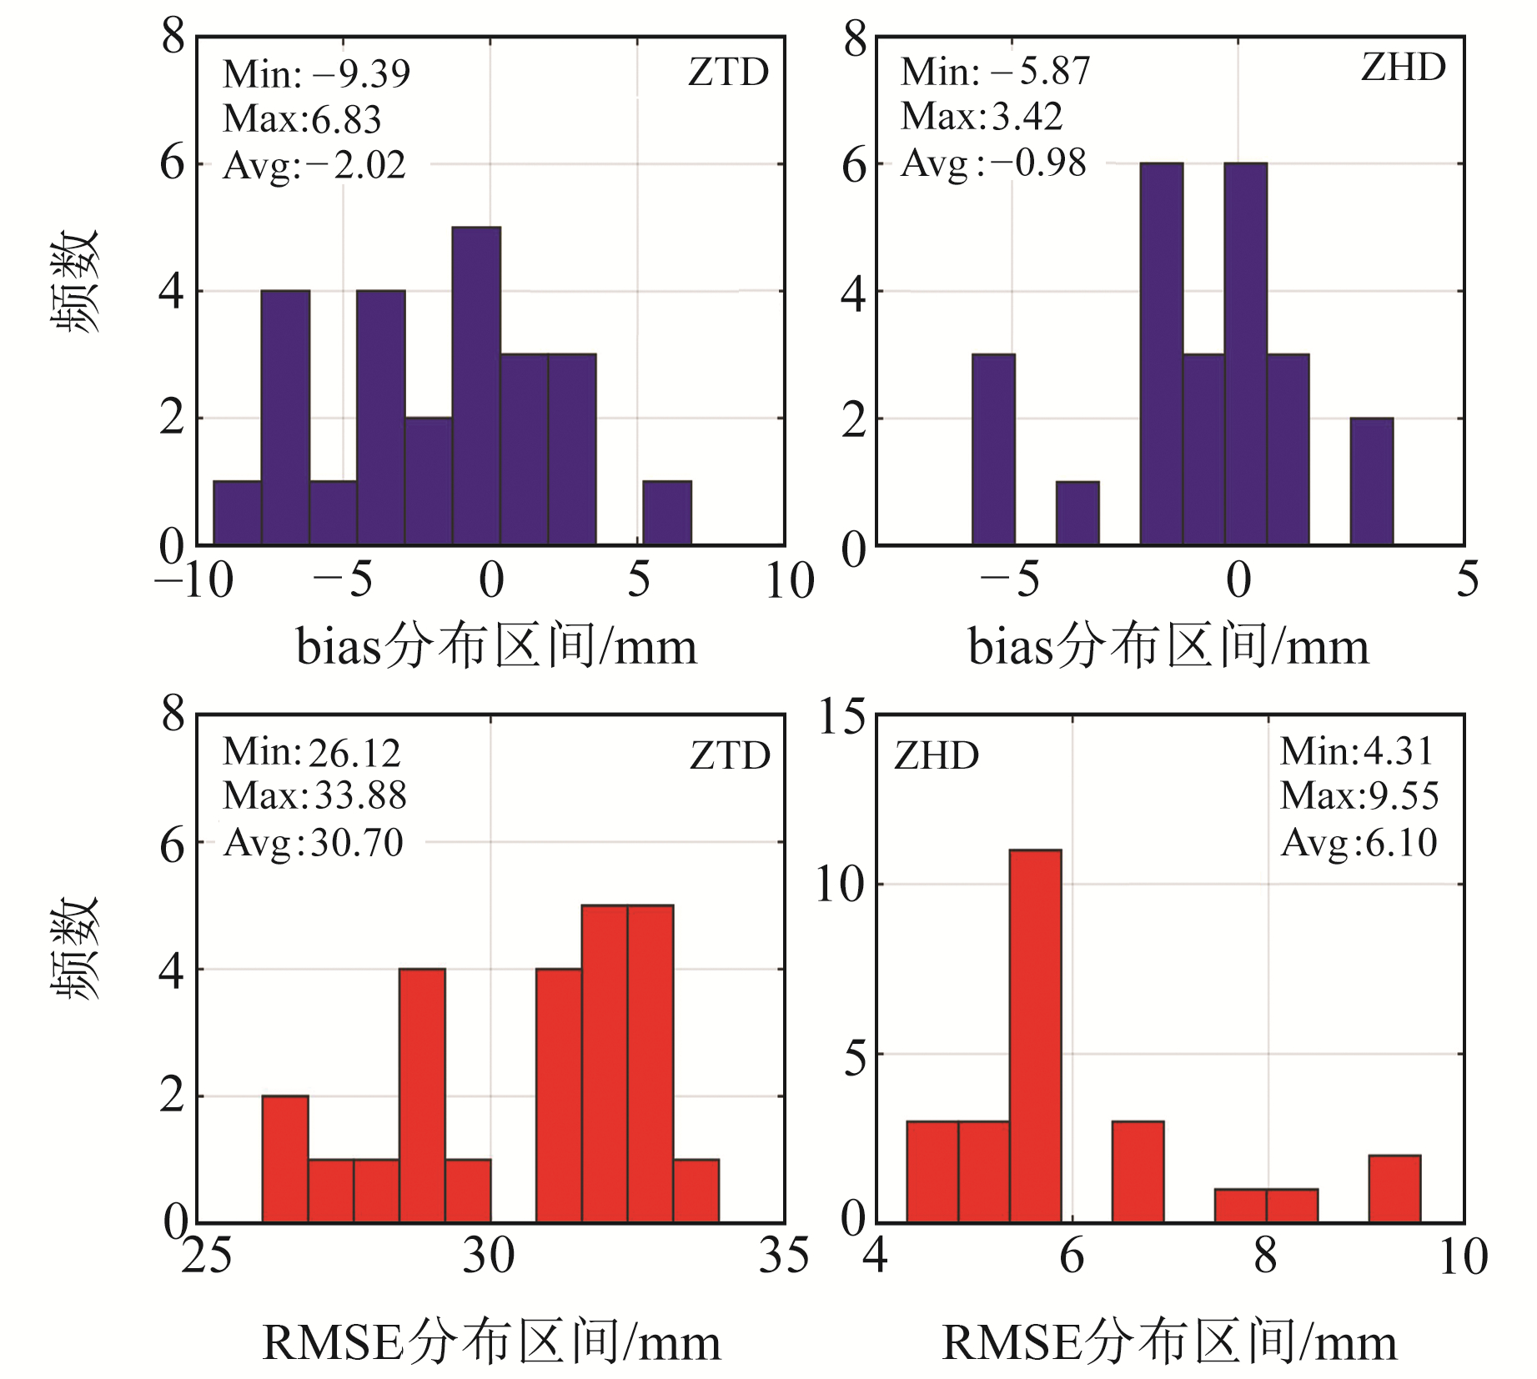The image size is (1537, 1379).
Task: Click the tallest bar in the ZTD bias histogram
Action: click(x=476, y=385)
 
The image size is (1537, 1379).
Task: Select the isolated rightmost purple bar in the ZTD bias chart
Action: click(x=666, y=513)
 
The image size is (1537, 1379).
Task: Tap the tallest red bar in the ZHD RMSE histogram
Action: click(x=1035, y=1036)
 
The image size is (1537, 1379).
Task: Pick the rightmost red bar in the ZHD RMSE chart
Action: click(x=1394, y=1189)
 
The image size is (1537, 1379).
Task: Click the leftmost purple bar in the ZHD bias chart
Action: click(x=993, y=449)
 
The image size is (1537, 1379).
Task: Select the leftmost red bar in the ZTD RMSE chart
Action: click(x=285, y=1159)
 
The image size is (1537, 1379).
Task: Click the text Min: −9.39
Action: click(x=316, y=74)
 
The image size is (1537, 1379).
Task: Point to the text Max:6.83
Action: click(x=302, y=119)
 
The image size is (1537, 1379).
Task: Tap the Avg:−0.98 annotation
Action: click(x=993, y=163)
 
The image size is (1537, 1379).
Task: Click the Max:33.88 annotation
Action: click(x=314, y=795)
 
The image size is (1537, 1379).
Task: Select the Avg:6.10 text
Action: click(x=1359, y=842)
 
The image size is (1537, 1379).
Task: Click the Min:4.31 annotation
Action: click(x=1356, y=751)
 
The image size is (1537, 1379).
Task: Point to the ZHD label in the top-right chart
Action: click(x=1404, y=68)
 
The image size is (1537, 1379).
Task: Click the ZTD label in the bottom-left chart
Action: click(x=730, y=755)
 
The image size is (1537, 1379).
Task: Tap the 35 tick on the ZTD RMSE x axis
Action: click(x=783, y=1256)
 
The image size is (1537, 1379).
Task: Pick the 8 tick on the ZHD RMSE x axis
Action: click(x=1265, y=1256)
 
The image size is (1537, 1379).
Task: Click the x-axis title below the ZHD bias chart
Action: click(x=1168, y=646)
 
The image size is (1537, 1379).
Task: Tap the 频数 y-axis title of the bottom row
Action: click(x=76, y=948)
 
